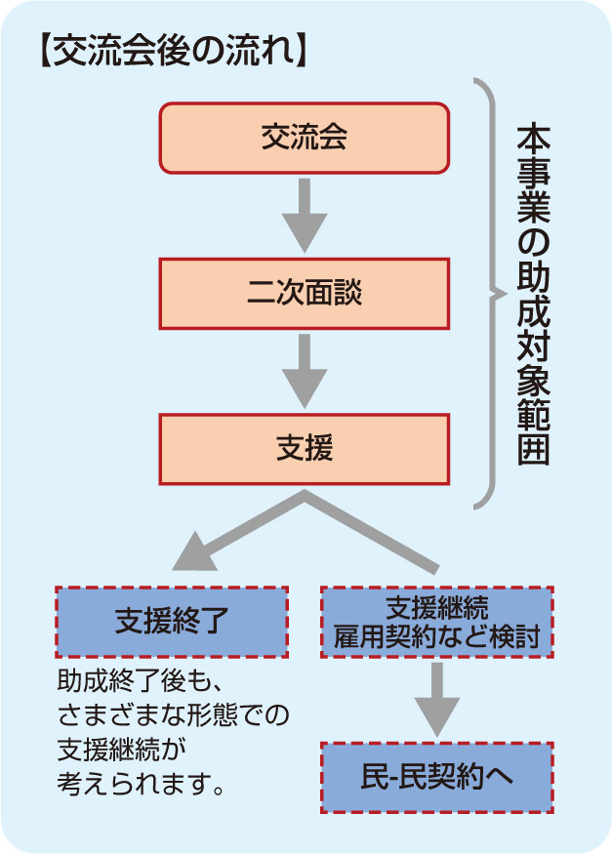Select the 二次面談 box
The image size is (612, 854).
point(304,292)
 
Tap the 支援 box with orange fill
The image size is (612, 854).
point(304,448)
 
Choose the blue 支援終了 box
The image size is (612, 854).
point(171,621)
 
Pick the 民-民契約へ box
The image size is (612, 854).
point(436,777)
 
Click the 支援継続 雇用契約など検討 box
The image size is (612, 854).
point(436,621)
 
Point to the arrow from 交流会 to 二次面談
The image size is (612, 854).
point(304,216)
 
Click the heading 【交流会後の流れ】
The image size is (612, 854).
point(170,52)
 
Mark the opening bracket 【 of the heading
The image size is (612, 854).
point(44,52)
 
